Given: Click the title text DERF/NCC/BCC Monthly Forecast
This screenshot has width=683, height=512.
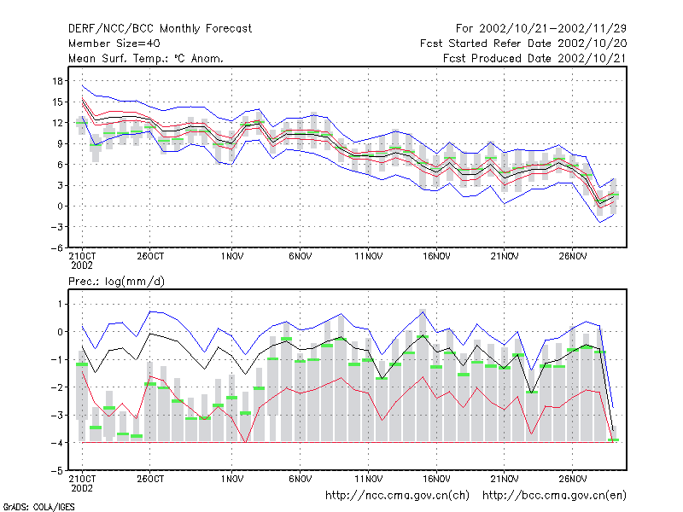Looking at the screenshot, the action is point(160,29).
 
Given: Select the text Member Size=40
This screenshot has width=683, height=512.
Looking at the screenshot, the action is point(114,44).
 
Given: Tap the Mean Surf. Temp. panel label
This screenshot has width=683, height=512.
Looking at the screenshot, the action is point(146,58).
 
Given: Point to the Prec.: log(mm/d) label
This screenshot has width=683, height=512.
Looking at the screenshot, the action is point(116,282).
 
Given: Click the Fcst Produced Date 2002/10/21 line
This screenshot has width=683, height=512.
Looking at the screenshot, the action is point(535,58).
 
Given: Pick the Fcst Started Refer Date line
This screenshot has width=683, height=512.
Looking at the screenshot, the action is point(523,44).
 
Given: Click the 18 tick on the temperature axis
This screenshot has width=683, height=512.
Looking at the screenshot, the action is point(57,81).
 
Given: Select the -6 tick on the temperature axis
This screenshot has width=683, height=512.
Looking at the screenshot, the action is point(56,247).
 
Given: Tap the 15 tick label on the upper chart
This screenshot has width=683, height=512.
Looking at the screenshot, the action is point(57,102).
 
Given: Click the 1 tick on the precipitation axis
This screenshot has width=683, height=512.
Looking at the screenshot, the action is point(60,304).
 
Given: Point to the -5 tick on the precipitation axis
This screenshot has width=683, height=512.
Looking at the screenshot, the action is point(56,471).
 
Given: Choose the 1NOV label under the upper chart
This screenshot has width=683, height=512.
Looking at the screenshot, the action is point(231,257).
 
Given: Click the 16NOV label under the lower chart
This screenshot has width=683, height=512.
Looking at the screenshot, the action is point(436,479).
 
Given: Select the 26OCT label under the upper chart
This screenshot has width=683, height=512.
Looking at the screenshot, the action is point(150,257).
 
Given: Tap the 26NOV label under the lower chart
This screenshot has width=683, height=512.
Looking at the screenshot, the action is point(573,479).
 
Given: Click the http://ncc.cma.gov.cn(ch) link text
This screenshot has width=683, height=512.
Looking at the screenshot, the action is point(397,496).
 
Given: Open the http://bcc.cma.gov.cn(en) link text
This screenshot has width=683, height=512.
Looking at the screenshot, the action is point(554,496).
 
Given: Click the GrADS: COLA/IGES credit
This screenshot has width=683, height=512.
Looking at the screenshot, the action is point(38,507).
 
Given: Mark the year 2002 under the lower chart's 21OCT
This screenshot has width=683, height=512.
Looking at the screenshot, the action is point(82,488).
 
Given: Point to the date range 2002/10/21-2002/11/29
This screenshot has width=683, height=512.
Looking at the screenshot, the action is point(552,29).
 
